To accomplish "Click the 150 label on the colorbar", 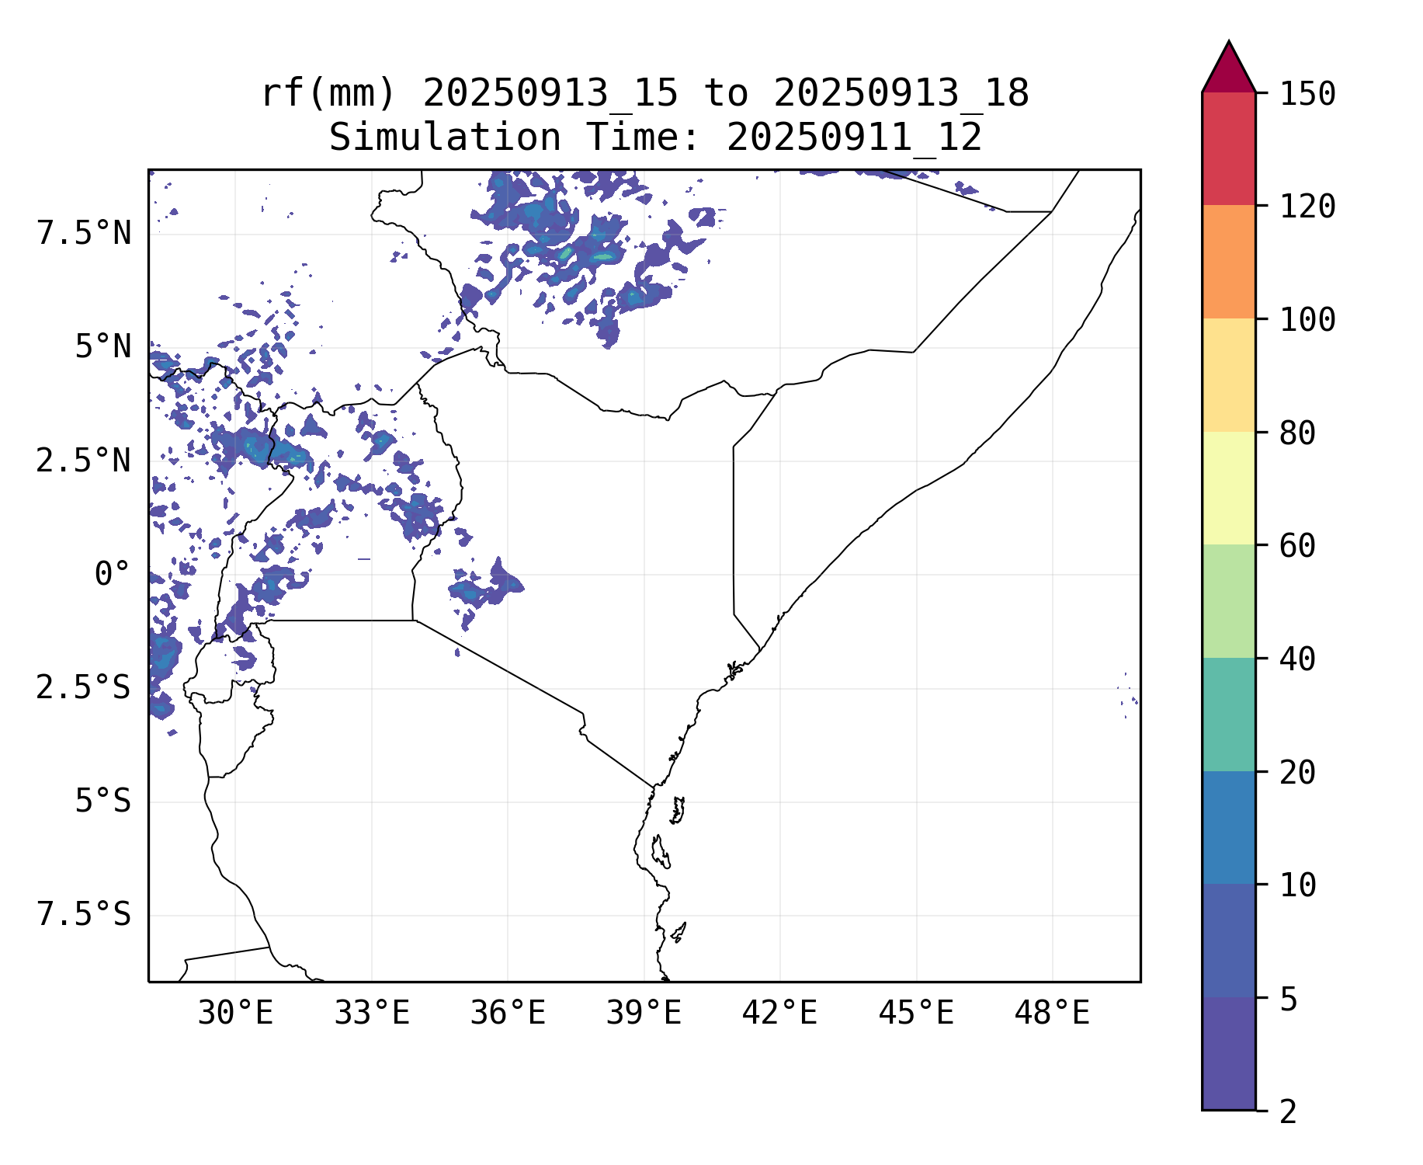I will [x=1307, y=95].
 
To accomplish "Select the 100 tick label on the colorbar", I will [x=1307, y=320].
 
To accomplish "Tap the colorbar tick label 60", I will [x=1297, y=546].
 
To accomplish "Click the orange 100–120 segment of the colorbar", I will [x=1228, y=262].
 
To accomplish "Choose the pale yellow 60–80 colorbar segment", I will [x=1228, y=488].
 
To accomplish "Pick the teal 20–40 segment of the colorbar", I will [x=1228, y=715].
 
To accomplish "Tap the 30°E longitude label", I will [x=235, y=1014].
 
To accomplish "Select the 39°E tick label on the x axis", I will [x=644, y=1014].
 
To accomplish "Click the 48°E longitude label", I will [x=1052, y=1014].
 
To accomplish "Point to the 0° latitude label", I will [x=113, y=575].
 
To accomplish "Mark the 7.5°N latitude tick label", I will [x=84, y=234].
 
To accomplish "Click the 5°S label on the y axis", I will [x=102, y=802].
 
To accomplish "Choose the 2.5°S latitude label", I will [x=84, y=688].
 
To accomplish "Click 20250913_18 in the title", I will [x=901, y=94].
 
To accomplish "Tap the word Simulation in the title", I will [x=445, y=138].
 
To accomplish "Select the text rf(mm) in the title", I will [x=328, y=94].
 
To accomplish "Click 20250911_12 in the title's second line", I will [x=854, y=138].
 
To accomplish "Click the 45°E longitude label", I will [x=916, y=1014].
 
